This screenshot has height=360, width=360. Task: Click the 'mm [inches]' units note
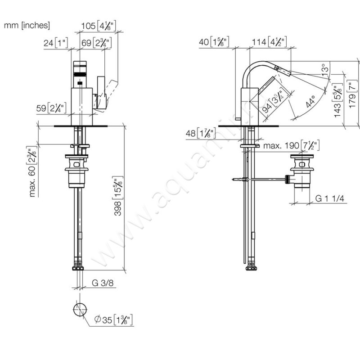(x=27, y=26)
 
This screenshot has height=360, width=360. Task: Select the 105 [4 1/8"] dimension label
(x=99, y=26)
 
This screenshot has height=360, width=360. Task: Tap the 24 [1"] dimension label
(x=55, y=44)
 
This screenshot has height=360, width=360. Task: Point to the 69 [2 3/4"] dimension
(x=96, y=44)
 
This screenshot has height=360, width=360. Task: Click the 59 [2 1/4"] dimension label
(x=52, y=108)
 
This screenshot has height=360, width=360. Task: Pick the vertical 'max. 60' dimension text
(x=32, y=171)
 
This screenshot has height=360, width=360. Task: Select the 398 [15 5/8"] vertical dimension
(x=118, y=198)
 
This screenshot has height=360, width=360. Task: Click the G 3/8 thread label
(x=102, y=283)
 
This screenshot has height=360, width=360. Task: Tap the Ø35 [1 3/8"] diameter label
(x=112, y=320)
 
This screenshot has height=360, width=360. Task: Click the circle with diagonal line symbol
(x=80, y=310)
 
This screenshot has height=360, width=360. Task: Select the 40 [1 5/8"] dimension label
(x=214, y=43)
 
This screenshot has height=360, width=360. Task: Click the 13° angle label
(x=324, y=69)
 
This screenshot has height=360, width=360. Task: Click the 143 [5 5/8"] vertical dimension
(x=337, y=101)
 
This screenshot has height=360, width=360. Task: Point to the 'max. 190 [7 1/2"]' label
(x=291, y=146)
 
